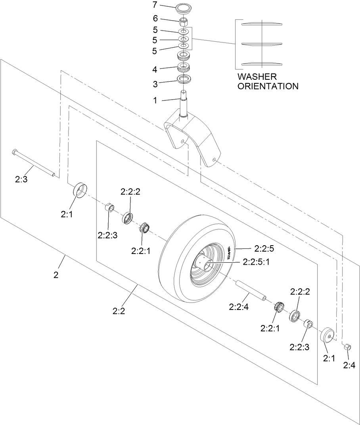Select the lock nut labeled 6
[x=184, y=21]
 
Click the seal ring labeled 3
[x=184, y=78]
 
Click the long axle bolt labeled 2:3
[x=34, y=162]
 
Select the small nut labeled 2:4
[x=346, y=346]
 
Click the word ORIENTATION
[x=268, y=86]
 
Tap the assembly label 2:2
[x=119, y=311]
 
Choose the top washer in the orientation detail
[x=261, y=24]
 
